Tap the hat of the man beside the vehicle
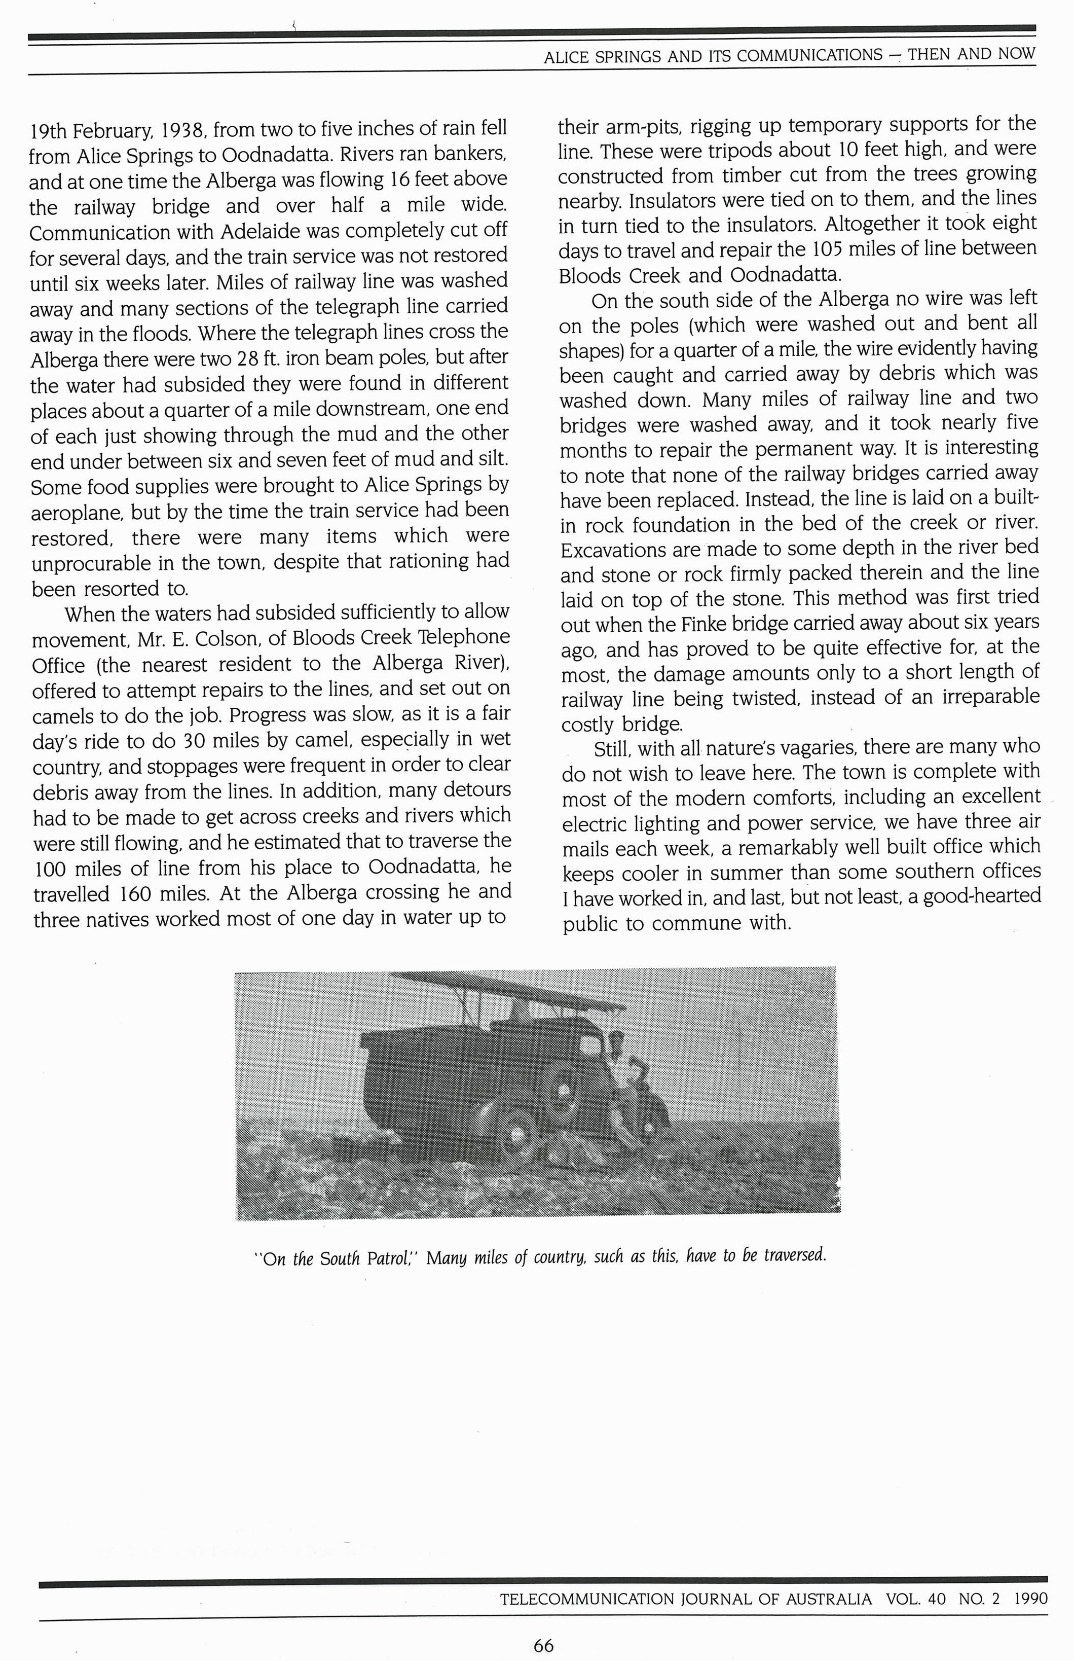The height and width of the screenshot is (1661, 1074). [x=616, y=1038]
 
